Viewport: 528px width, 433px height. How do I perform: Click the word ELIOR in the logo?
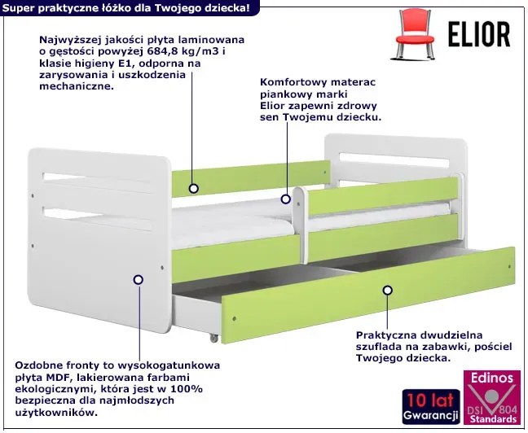pyautogui.click(x=479, y=34)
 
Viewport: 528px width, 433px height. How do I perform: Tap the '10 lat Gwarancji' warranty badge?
pyautogui.click(x=429, y=404)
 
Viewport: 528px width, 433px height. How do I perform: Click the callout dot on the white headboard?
pyautogui.click(x=138, y=279)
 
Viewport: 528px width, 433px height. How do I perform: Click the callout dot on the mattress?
pyautogui.click(x=286, y=198)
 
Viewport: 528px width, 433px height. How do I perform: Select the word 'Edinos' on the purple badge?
pyautogui.click(x=490, y=378)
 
